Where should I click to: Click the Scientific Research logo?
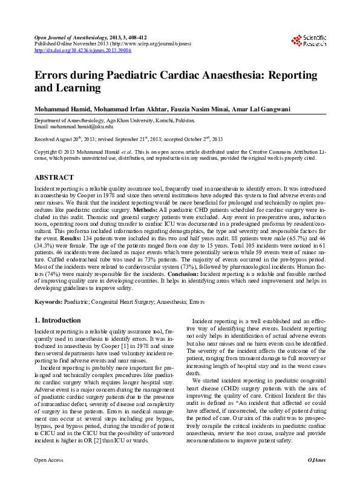point(309,41)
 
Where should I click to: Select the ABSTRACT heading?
point(54,178)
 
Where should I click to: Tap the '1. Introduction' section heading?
point(57,320)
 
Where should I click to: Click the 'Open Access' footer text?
point(49,477)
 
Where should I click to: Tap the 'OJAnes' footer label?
point(316,477)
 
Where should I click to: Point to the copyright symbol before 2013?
point(57,151)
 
